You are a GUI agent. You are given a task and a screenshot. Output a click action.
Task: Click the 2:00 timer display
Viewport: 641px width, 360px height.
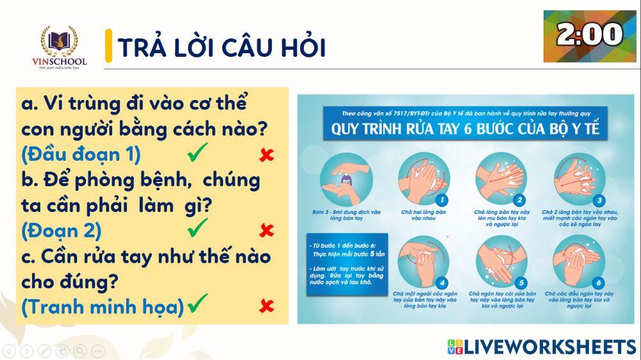click(590, 36)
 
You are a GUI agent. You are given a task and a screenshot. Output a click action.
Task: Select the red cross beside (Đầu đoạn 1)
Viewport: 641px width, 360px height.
click(266, 155)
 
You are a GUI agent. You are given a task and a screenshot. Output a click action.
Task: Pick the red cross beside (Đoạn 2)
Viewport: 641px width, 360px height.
click(266, 231)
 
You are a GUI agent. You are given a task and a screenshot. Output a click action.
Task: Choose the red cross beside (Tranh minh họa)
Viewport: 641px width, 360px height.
click(266, 306)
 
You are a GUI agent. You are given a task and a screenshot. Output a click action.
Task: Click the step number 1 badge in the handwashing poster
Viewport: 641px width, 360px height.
click(443, 199)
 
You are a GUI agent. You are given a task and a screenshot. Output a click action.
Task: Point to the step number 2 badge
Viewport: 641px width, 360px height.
click(521, 199)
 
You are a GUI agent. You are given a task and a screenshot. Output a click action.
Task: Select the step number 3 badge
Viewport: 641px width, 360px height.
click(599, 199)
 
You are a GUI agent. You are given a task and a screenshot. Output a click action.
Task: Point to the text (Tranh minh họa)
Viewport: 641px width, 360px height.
click(103, 306)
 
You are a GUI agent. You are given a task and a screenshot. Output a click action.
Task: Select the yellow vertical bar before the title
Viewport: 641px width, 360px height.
click(108, 46)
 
